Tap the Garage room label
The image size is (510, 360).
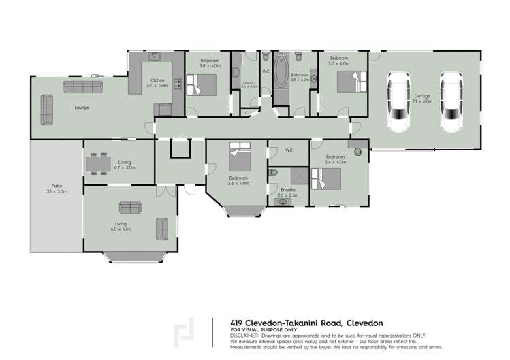click(x=423, y=98)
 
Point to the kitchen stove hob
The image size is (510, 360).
click(x=177, y=84)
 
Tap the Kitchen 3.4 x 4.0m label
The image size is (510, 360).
click(x=157, y=83)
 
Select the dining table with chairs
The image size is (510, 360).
click(x=99, y=164)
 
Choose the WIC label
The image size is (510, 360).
click(x=289, y=150)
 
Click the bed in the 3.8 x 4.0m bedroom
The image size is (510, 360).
click(x=239, y=157)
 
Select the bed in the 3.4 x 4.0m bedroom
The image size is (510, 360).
click(x=326, y=178)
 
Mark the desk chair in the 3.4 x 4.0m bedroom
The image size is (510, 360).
click(x=357, y=145)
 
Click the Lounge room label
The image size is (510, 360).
click(x=82, y=107)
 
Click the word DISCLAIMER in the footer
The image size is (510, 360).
click(x=244, y=336)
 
